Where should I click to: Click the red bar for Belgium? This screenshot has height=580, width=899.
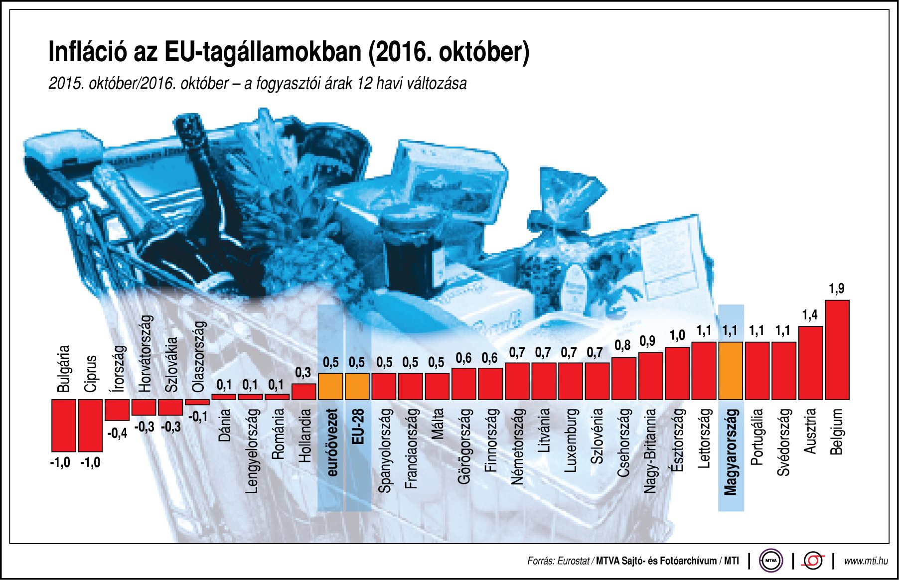837,350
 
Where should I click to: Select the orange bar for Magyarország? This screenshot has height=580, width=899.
731,371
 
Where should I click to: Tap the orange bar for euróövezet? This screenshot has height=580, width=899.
330,387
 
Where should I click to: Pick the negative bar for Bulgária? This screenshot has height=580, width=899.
64,425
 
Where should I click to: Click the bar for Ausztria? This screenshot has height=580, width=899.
810,363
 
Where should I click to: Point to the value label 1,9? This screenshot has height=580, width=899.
837,289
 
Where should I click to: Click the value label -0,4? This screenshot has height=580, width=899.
117,434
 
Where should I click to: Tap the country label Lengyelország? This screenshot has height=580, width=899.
253,451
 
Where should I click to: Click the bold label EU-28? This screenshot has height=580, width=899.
358,427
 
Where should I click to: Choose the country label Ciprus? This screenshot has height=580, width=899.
90,374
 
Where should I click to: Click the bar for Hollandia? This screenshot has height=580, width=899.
303,392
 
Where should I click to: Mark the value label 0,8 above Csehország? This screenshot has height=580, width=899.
622,346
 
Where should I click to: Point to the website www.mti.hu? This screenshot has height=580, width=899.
866,561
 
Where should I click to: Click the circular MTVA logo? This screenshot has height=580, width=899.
771,561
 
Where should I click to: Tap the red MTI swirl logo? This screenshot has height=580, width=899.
813,561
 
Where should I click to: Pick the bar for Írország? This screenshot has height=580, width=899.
117,410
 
